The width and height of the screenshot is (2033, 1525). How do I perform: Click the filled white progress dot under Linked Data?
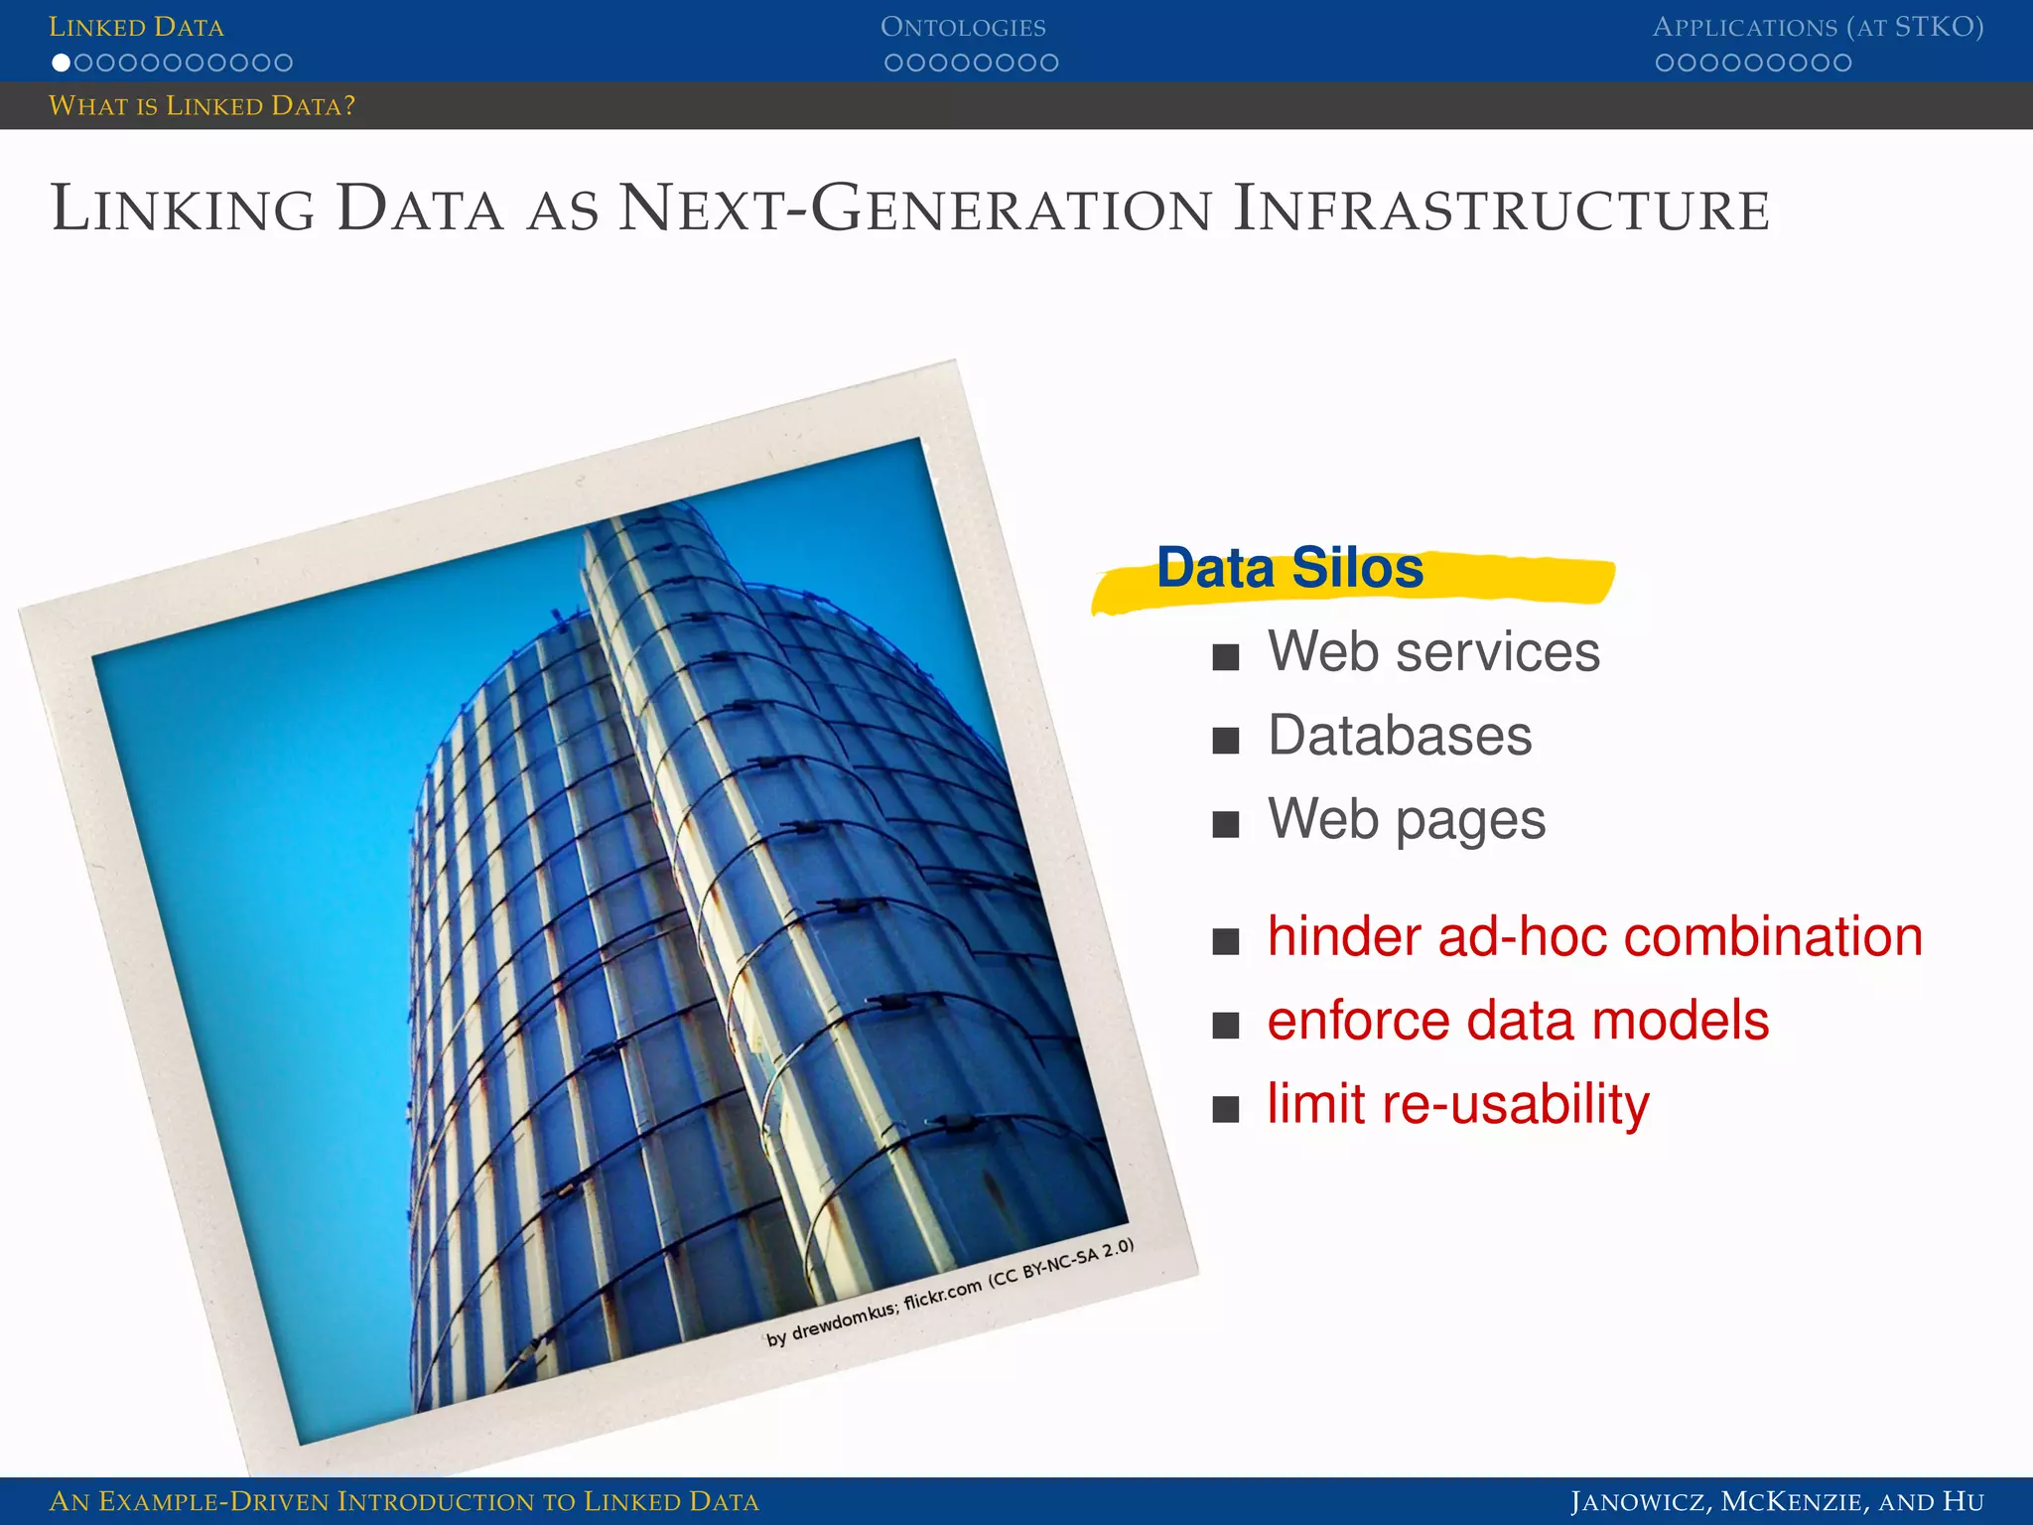click(x=61, y=63)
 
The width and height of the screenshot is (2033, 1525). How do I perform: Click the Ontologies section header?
click(x=962, y=27)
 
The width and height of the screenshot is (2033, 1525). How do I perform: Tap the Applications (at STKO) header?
click(x=1817, y=27)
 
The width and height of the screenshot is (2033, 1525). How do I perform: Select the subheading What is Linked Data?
click(x=202, y=105)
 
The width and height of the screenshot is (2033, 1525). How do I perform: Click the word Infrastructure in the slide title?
click(x=1501, y=209)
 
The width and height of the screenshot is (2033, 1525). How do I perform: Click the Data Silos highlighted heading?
click(x=1289, y=569)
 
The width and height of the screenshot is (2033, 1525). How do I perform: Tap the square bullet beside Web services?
click(x=1226, y=656)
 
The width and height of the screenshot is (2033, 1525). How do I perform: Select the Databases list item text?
click(x=1400, y=736)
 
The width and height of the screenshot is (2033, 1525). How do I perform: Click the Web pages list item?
click(x=1406, y=820)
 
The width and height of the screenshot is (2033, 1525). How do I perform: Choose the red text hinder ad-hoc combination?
click(x=1594, y=936)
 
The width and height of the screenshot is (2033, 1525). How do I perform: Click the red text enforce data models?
click(x=1518, y=1021)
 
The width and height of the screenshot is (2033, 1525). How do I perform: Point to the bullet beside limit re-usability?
click(x=1226, y=1108)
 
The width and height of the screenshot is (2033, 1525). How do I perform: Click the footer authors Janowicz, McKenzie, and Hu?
click(x=1776, y=1501)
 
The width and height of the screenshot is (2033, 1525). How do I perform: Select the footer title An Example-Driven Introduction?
click(x=403, y=1501)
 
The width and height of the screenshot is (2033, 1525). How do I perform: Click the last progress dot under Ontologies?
click(x=1049, y=63)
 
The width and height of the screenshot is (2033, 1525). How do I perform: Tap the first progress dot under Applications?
click(x=1665, y=63)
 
